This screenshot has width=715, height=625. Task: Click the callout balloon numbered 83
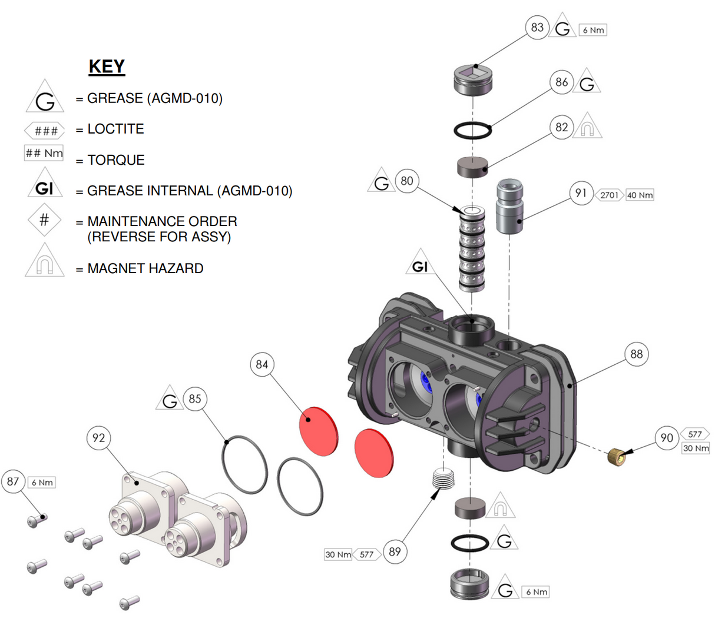click(x=537, y=28)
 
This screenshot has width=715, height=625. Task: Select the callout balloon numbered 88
click(x=637, y=354)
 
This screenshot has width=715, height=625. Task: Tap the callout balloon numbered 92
click(x=98, y=438)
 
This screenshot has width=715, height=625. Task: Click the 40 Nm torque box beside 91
click(x=640, y=195)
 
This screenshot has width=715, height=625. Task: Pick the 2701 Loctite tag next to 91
click(x=609, y=195)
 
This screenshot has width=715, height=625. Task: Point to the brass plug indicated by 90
click(x=615, y=455)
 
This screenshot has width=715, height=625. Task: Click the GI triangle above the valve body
click(x=420, y=266)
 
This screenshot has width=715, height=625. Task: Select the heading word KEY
click(x=107, y=67)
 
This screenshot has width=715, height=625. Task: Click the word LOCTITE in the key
click(x=115, y=129)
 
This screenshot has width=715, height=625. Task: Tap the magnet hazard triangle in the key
click(x=45, y=263)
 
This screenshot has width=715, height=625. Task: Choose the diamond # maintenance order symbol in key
click(x=44, y=220)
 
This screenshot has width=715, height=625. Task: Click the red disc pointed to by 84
click(x=319, y=431)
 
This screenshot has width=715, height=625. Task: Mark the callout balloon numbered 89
click(x=395, y=551)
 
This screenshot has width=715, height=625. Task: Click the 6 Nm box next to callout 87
click(x=42, y=483)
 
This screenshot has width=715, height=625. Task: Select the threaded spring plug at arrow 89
click(x=445, y=478)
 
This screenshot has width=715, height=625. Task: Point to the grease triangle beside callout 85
click(x=170, y=400)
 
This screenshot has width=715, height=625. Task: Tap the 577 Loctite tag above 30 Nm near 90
click(x=695, y=434)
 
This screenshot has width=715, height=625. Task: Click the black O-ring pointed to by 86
click(x=472, y=130)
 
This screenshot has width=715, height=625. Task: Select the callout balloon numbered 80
click(x=407, y=181)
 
